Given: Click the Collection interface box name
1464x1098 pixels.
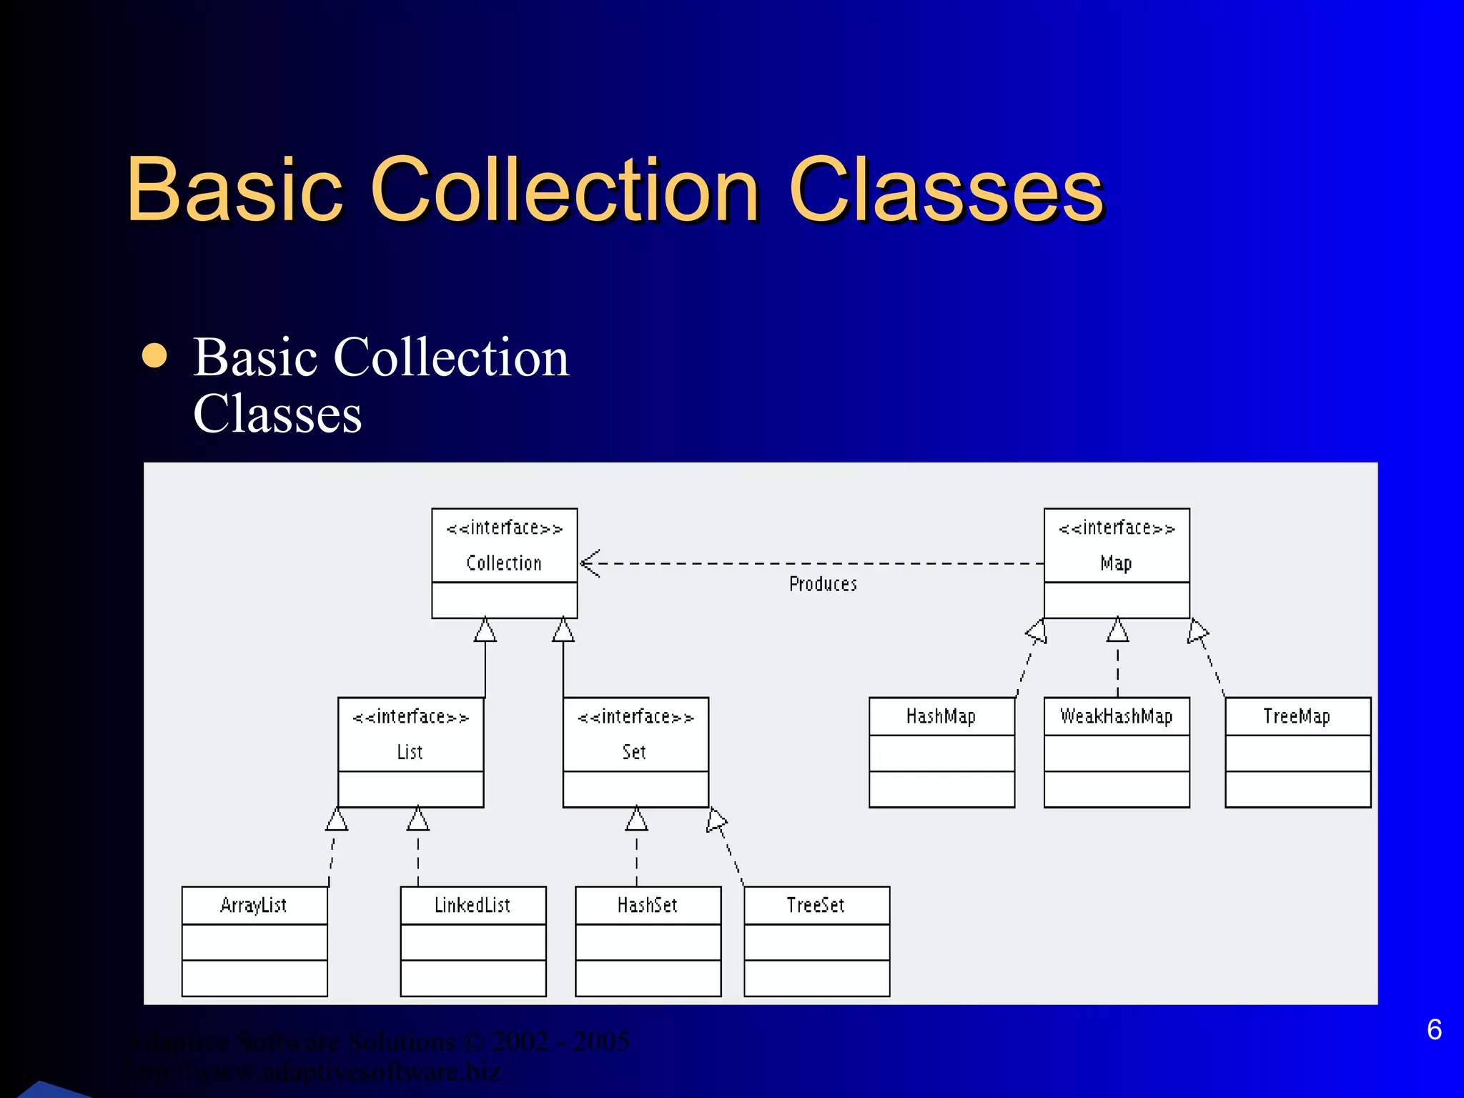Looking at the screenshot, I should click(x=504, y=563).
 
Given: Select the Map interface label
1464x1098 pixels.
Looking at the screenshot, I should click(x=1116, y=563).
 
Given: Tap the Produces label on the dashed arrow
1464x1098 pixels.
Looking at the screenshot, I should click(x=823, y=584).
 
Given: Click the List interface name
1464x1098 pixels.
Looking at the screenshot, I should click(x=410, y=752).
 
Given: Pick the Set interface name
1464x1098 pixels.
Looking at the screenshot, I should click(x=634, y=752).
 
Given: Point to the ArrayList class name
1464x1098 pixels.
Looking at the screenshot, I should click(x=254, y=906).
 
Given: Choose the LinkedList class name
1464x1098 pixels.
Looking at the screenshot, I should click(x=473, y=906).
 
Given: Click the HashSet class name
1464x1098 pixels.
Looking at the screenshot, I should click(x=648, y=906).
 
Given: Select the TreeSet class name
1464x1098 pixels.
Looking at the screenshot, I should click(x=816, y=906).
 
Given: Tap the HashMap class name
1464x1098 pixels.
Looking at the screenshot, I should click(x=941, y=716).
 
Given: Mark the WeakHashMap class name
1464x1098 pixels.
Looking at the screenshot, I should click(x=1117, y=716).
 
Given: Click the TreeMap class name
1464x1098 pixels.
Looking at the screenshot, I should click(x=1297, y=716).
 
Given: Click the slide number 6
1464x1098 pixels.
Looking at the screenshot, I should click(x=1434, y=1029).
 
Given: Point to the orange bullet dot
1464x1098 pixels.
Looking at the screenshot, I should click(x=154, y=355).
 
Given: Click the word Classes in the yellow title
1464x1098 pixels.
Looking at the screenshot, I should click(x=946, y=190).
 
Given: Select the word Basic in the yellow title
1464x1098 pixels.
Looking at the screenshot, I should click(x=235, y=190).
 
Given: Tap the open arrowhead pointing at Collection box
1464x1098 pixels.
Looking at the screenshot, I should click(x=590, y=563).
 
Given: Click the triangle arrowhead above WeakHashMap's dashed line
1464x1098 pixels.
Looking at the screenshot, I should click(x=1118, y=630).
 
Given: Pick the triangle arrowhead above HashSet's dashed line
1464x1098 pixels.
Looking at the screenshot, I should click(x=636, y=819).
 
